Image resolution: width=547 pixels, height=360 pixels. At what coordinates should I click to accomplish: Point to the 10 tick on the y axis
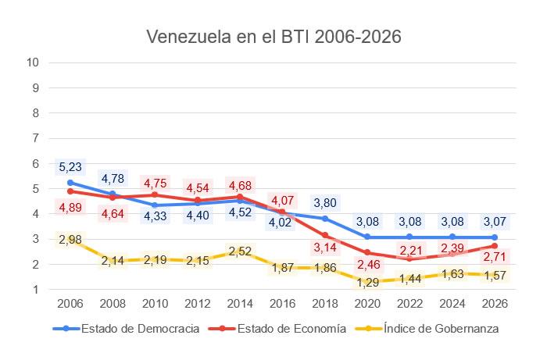coord(33,62)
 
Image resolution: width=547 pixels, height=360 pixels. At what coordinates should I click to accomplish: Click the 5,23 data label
coord(70,166)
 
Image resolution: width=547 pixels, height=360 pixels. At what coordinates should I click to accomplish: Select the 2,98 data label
coord(70,239)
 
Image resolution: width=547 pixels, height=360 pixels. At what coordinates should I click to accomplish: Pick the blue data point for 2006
coord(70,182)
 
